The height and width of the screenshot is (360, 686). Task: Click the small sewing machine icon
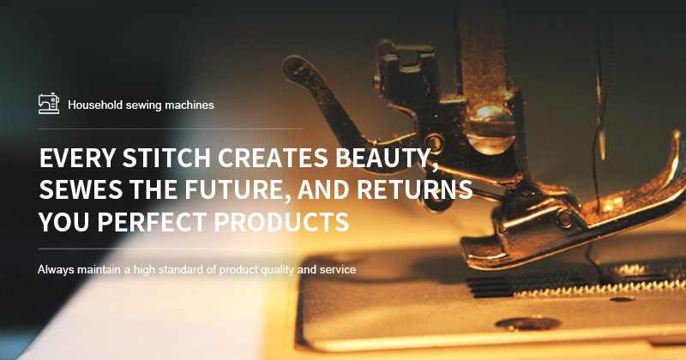49,104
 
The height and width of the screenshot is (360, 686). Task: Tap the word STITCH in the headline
166,158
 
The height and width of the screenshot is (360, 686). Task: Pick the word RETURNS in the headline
415,189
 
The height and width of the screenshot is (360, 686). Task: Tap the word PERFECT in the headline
152,221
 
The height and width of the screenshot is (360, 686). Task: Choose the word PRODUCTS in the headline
281,221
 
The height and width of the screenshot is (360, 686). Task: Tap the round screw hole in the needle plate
528,324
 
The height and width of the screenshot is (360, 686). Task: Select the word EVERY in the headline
77,158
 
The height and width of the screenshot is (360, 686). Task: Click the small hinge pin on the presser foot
564,218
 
